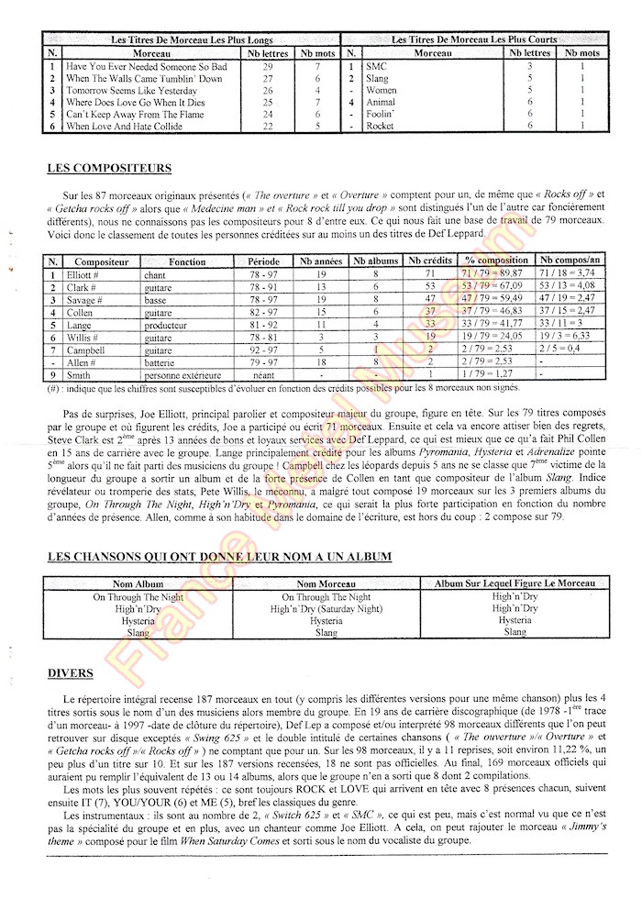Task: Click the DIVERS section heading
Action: (71, 674)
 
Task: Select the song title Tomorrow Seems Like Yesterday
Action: (131, 91)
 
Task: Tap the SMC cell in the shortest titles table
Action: (376, 67)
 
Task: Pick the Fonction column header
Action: (187, 261)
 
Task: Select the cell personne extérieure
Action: (183, 375)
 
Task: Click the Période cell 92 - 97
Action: (263, 350)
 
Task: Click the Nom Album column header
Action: (138, 583)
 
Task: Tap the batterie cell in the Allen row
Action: (162, 362)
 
